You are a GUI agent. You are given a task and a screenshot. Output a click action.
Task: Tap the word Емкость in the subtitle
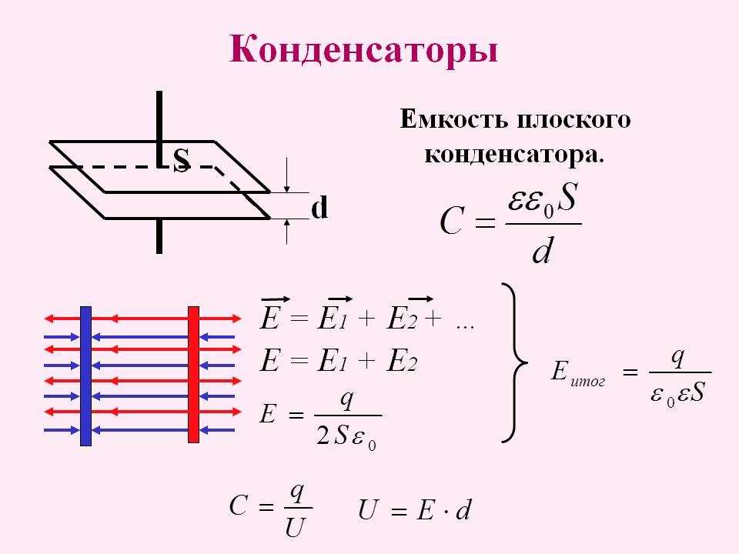[454, 119]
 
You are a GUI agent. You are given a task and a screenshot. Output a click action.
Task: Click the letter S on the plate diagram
[182, 160]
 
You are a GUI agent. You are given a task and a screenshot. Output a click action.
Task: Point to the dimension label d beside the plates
[319, 208]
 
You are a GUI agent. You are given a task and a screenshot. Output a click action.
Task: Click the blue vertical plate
[85, 376]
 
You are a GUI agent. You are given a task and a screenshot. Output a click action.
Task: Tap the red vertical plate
[193, 375]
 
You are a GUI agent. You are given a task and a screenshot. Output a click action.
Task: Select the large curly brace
[514, 362]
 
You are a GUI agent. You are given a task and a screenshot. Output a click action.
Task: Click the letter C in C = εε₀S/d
[451, 221]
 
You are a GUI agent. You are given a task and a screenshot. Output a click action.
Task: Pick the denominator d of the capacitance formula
[542, 250]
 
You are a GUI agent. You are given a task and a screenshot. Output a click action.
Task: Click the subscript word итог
[587, 381]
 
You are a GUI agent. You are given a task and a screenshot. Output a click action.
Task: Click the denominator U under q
[296, 528]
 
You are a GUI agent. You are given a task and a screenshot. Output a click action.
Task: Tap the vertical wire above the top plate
[159, 128]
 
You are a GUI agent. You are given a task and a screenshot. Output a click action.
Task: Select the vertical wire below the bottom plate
[159, 236]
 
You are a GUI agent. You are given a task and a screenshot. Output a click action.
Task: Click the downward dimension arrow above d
[286, 175]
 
